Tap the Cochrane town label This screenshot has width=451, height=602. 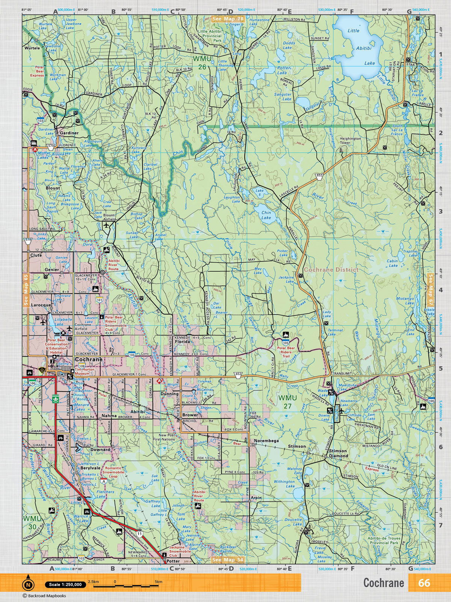click(89, 359)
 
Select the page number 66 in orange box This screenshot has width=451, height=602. click(424, 583)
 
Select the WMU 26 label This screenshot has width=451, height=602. click(200, 63)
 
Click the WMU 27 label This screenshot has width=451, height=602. click(288, 401)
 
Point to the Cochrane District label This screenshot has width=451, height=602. click(331, 270)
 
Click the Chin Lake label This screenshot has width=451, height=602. click(266, 215)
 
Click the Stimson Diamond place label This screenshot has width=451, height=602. click(338, 453)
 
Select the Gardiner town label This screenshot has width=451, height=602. click(68, 133)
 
